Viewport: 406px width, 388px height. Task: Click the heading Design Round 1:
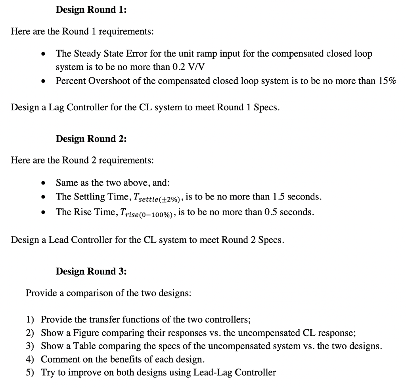[x=91, y=10]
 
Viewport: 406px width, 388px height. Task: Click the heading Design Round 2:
[x=91, y=139]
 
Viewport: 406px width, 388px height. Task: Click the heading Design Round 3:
[x=91, y=271]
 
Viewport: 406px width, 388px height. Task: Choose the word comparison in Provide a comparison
[x=90, y=294]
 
